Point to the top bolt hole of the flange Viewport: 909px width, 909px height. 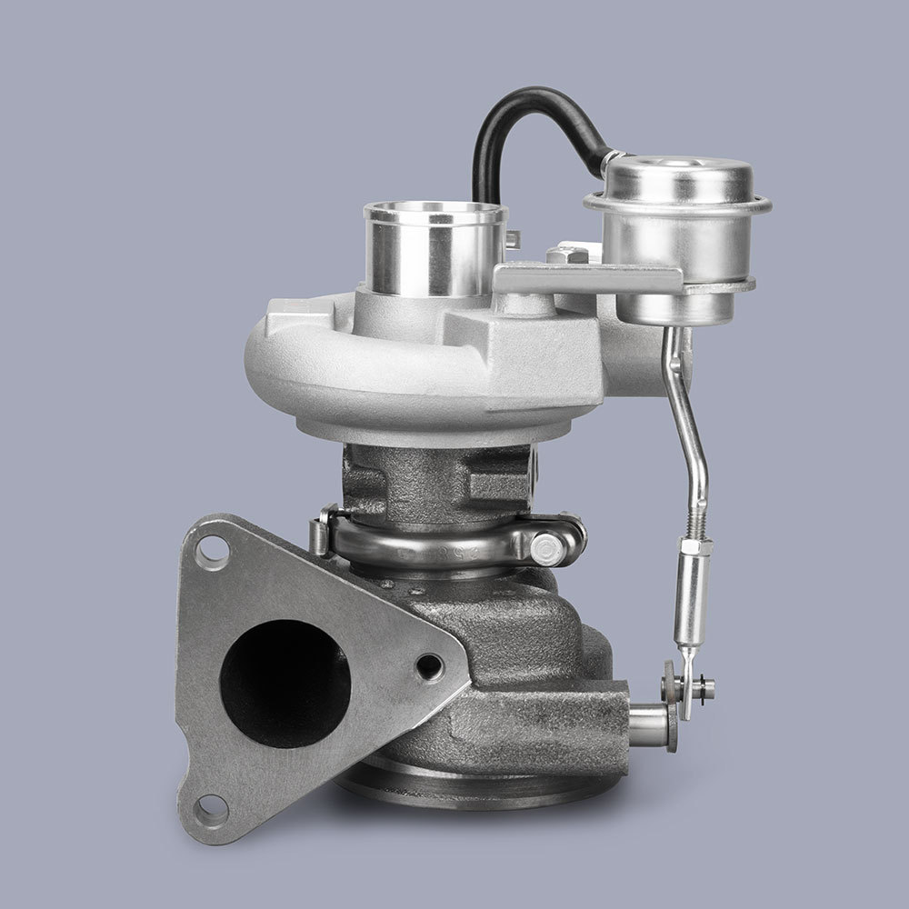[212, 551]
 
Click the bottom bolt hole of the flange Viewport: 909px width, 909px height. [210, 807]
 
